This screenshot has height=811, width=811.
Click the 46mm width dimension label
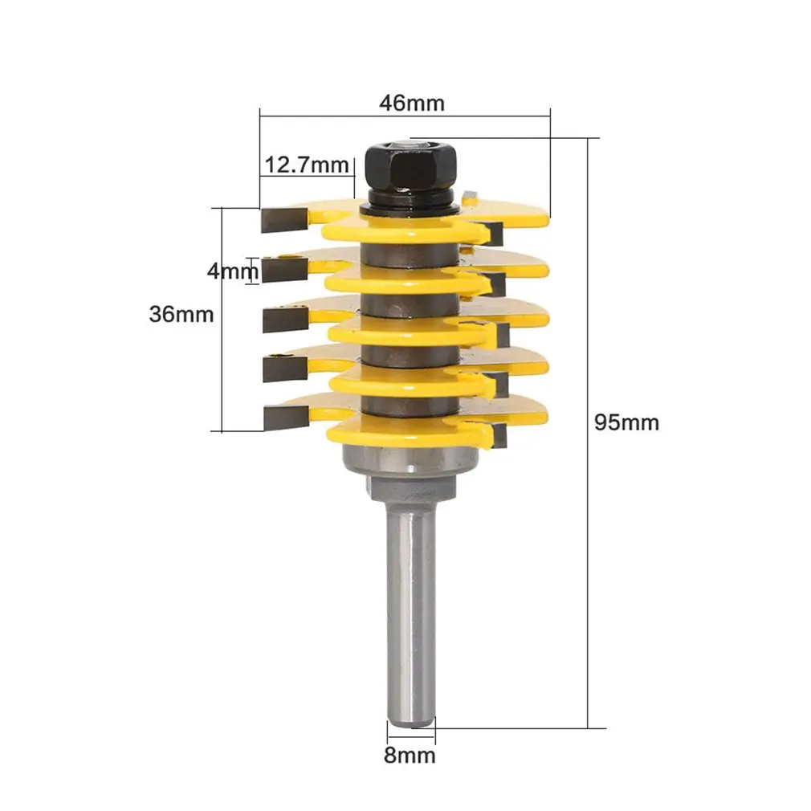click(x=412, y=103)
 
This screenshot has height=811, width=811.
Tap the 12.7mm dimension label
click(x=306, y=165)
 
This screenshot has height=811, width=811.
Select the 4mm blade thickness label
click(x=232, y=271)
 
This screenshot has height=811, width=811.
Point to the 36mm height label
click(x=181, y=314)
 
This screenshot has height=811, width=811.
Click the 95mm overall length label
click(x=626, y=422)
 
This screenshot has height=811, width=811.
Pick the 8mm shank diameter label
click(x=410, y=755)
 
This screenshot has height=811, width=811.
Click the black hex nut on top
click(x=412, y=168)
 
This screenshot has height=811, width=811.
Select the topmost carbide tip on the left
click(x=285, y=218)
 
